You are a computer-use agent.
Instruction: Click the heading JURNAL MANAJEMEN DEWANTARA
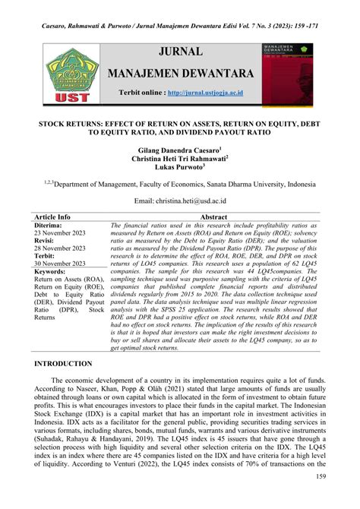[180, 63]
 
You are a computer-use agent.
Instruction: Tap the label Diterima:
[52, 226]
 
